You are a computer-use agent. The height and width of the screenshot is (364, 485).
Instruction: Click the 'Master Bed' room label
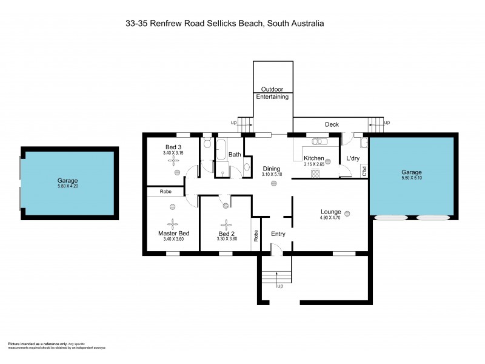pyautogui.click(x=173, y=234)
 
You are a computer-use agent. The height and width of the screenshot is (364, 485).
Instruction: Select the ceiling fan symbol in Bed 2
pyautogui.click(x=226, y=223)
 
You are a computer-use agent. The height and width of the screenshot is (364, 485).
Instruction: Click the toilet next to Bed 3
pyautogui.click(x=207, y=143)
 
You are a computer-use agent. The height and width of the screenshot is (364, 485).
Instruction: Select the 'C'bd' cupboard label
pyautogui.click(x=365, y=169)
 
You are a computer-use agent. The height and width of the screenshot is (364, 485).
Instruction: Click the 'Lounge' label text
pyautogui.click(x=331, y=212)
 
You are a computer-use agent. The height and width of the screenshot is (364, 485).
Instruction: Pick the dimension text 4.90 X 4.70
pyautogui.click(x=331, y=219)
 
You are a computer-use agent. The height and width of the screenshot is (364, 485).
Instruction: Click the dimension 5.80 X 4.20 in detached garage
pyautogui.click(x=68, y=187)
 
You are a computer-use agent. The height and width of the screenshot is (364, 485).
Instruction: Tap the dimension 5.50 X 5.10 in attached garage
pyautogui.click(x=412, y=178)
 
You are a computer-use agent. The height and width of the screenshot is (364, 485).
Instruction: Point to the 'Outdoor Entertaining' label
pyautogui.click(x=272, y=93)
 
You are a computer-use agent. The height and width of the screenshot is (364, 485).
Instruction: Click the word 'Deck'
pyautogui.click(x=332, y=125)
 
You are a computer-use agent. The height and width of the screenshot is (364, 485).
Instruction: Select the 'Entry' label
pyautogui.click(x=278, y=234)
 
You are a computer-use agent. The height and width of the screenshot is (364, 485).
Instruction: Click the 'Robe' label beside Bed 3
pyautogui.click(x=165, y=192)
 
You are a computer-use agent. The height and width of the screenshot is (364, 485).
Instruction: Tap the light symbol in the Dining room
pyautogui.click(x=273, y=183)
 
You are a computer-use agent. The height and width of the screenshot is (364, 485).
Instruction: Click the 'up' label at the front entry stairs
pyautogui.click(x=279, y=286)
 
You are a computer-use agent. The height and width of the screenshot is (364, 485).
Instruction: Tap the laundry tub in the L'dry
pyautogui.click(x=363, y=143)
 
